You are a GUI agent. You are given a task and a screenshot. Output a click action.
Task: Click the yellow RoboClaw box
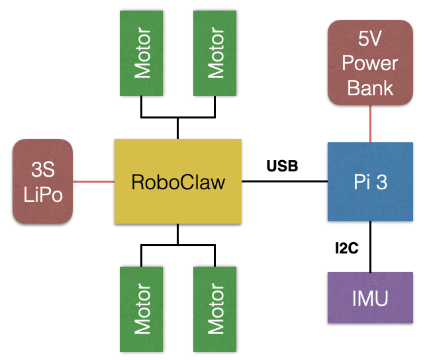click(177, 181)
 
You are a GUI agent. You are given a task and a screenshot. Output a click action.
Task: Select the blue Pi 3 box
click(370, 182)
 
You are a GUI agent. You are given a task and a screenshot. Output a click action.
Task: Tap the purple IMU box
click(370, 298)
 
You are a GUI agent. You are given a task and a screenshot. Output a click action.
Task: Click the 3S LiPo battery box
click(42, 181)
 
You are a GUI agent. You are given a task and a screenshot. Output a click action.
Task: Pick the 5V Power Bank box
click(370, 64)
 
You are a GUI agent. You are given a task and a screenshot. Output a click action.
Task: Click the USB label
click(283, 165)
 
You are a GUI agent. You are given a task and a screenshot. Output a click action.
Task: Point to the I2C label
click(346, 248)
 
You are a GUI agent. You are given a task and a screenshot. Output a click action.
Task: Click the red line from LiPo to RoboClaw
click(93, 181)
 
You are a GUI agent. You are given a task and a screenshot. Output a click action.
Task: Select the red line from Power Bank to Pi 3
click(370, 123)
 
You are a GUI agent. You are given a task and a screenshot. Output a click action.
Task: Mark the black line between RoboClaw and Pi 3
click(285, 181)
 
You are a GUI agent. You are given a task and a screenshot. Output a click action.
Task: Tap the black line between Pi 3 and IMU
click(370, 246)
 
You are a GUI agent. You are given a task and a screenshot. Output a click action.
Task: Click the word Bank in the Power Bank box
click(370, 87)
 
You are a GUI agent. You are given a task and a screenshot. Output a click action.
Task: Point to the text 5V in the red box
click(370, 40)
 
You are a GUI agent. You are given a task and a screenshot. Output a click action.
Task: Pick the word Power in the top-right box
click(370, 64)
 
